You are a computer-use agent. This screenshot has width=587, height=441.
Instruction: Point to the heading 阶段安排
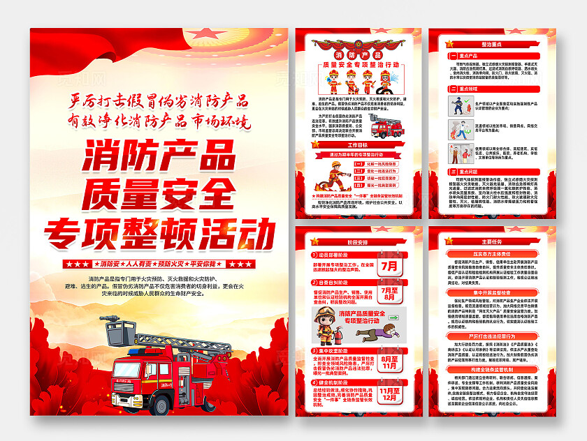[x=358, y=241]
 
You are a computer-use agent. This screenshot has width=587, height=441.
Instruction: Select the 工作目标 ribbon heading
[x=357, y=145]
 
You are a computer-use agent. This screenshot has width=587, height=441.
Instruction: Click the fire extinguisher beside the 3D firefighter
[x=335, y=328]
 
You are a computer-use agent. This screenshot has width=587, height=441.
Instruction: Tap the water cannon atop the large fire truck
[x=115, y=322]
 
